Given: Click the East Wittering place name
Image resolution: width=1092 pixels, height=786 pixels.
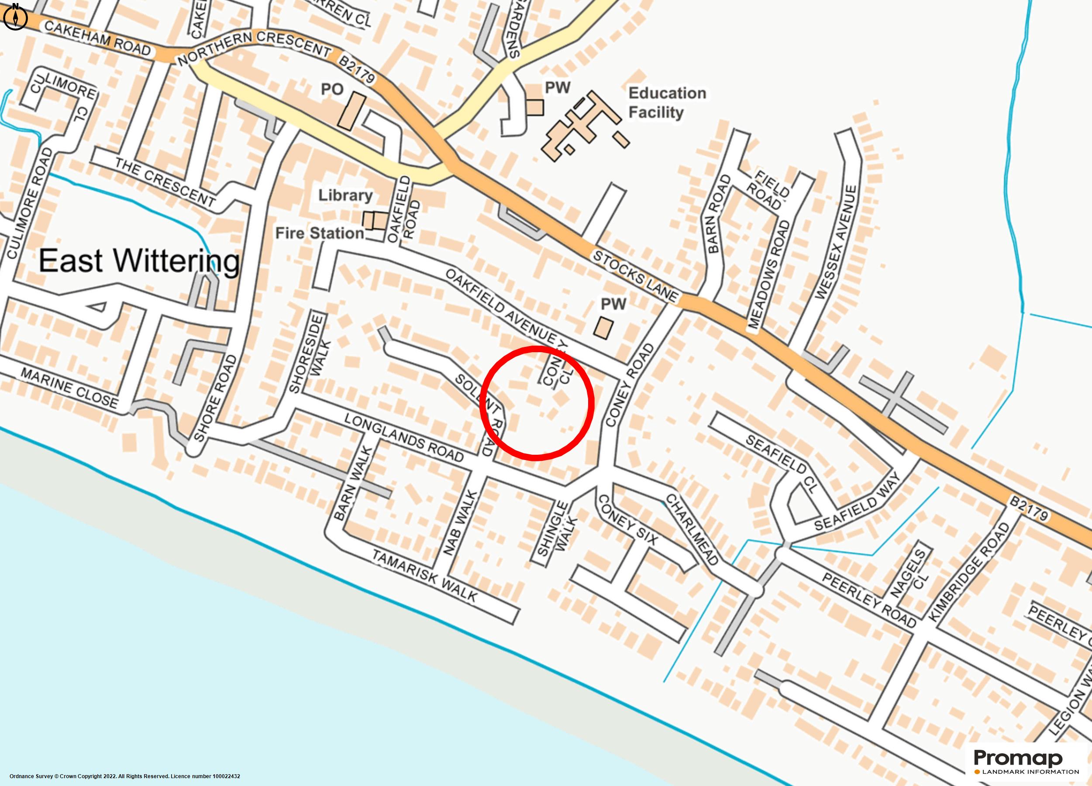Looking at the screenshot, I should [139, 261].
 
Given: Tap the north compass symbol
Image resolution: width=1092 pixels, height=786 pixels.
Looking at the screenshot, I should [15, 18].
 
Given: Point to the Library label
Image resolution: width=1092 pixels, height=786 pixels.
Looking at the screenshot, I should [345, 196].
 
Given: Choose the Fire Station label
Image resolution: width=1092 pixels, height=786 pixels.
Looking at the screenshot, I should [319, 233].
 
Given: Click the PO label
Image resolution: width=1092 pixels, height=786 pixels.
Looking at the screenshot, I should [332, 89].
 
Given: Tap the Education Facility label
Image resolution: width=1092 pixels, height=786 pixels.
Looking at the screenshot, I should [667, 103].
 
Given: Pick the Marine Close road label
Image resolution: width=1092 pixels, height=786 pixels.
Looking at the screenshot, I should [69, 388].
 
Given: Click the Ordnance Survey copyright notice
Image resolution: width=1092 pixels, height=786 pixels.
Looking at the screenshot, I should [125, 776].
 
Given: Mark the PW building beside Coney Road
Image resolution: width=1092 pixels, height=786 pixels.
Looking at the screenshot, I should [603, 328].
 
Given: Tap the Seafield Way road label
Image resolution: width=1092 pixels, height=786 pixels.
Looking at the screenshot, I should [857, 501].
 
